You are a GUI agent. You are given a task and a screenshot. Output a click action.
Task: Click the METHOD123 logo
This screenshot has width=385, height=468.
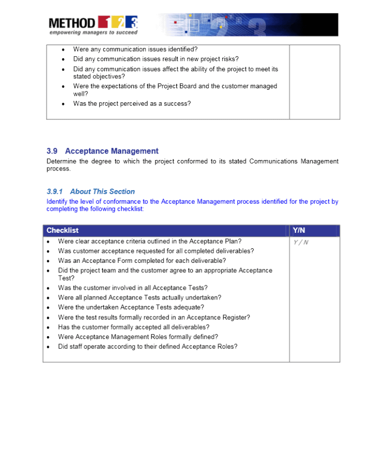(x=93, y=23)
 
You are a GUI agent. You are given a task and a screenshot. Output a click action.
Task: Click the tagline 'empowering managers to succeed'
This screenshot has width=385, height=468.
(x=93, y=33)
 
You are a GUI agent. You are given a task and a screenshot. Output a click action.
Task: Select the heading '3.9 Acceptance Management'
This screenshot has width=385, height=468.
(x=102, y=151)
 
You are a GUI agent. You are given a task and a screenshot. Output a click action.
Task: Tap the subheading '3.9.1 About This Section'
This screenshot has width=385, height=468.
(x=91, y=192)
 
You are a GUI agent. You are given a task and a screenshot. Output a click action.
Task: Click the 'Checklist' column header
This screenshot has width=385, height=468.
(x=63, y=230)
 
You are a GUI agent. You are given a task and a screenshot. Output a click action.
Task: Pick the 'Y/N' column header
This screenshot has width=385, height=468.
(x=299, y=230)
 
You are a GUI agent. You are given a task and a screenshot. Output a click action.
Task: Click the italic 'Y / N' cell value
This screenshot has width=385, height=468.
(x=301, y=242)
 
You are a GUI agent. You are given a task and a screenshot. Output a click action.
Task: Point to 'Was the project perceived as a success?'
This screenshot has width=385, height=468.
(x=132, y=104)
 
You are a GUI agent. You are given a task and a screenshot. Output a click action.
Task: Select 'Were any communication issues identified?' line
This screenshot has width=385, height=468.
(x=135, y=49)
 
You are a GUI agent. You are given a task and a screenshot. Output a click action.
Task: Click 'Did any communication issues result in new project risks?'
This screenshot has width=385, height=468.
(x=156, y=59)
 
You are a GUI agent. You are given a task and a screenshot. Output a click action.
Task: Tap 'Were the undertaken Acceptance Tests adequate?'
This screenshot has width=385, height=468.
(x=131, y=307)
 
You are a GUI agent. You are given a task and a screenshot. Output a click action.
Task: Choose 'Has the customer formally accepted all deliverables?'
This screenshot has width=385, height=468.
(x=134, y=327)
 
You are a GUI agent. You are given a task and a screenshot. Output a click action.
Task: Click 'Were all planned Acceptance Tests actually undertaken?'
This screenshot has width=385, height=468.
(x=139, y=297)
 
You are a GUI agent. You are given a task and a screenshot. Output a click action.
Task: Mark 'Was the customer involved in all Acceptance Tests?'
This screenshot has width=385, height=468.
(x=133, y=288)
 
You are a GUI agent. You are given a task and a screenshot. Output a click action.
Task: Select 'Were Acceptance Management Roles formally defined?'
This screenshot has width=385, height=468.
(x=138, y=337)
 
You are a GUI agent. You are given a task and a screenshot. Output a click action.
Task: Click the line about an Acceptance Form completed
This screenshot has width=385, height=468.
(x=142, y=261)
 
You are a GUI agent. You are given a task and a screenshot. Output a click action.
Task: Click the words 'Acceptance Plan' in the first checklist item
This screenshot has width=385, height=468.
(x=213, y=241)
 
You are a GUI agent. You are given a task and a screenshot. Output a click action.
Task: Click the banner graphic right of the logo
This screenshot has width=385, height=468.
(x=248, y=25)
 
